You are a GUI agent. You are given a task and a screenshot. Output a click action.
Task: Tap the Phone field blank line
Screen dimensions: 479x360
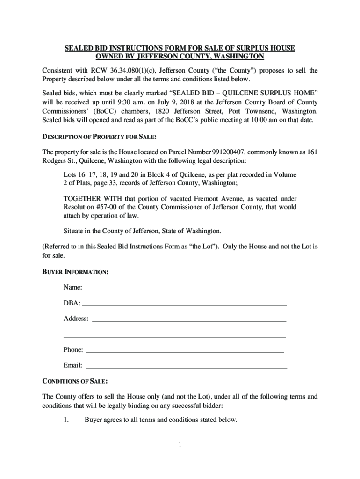(186, 351)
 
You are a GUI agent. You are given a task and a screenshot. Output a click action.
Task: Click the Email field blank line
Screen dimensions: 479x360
(187, 366)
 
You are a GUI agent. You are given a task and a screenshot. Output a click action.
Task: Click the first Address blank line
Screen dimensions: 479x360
(189, 320)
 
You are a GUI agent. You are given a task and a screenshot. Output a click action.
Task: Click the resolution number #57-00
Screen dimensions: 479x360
(108, 207)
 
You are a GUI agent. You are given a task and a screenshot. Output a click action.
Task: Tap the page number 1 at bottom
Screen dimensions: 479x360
(179, 444)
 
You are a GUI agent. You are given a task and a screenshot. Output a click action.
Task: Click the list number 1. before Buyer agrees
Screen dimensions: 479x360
(66, 420)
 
